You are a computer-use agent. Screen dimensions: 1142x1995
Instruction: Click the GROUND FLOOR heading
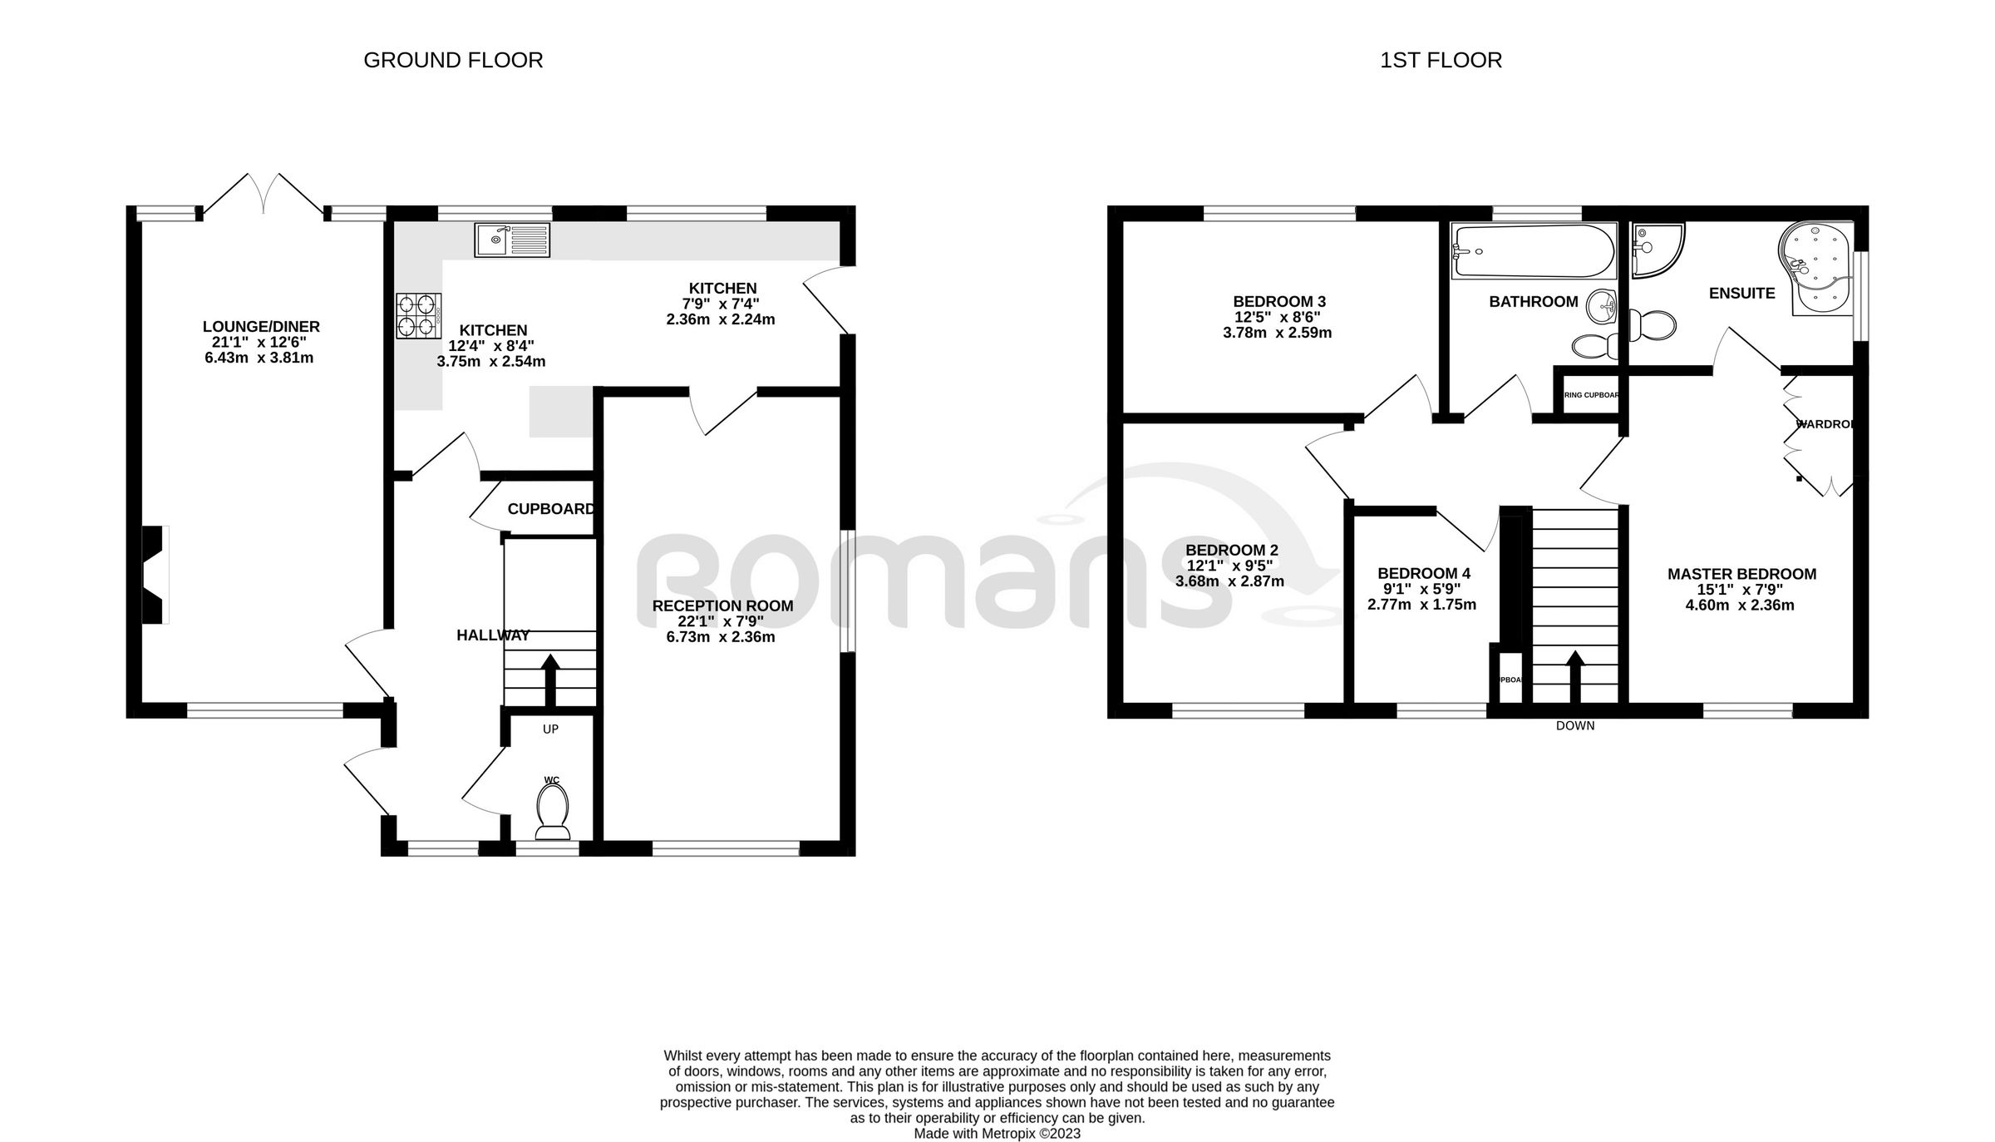click(453, 61)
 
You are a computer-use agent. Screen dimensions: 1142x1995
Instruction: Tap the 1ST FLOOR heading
click(1441, 61)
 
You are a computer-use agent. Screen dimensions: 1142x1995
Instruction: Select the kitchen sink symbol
click(512, 240)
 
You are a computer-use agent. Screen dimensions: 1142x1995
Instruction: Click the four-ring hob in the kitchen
click(418, 316)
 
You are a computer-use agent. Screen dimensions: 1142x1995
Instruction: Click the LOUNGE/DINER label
click(261, 327)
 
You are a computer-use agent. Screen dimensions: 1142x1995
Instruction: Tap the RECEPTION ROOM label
click(722, 606)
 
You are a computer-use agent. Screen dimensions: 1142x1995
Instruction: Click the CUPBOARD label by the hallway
click(550, 509)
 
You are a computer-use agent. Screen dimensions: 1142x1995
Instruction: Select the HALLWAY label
click(493, 635)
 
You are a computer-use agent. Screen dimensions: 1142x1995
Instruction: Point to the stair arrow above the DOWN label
click(1575, 675)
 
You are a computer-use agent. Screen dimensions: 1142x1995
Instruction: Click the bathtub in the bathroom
click(1533, 251)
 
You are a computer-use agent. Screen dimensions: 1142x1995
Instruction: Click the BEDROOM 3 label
click(1278, 301)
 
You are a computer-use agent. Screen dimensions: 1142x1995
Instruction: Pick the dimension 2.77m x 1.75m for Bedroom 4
click(1421, 605)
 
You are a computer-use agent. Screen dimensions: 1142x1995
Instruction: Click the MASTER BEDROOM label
click(1741, 574)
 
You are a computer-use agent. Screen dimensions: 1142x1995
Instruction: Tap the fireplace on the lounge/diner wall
click(155, 574)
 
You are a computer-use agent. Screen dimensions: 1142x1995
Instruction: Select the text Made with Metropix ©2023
click(997, 1133)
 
